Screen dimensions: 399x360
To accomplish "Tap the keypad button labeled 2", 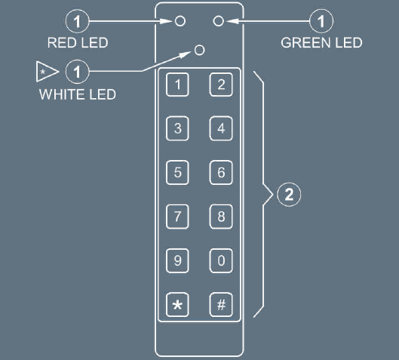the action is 221,85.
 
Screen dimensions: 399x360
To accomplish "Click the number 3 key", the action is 177,128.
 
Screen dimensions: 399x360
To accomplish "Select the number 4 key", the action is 221,128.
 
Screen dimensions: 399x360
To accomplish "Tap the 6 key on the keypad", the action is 221,172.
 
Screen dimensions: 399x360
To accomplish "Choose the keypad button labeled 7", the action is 177,217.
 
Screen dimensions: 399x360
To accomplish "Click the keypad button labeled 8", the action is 221,217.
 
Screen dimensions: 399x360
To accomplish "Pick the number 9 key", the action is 177,260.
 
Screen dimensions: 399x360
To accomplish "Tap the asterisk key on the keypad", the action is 177,304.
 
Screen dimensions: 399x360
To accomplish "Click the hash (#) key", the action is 221,304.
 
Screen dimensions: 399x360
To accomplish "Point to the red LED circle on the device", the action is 180,21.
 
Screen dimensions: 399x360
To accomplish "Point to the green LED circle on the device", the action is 218,21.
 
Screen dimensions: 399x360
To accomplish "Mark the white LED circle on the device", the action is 199,50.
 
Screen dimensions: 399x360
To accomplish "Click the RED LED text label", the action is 78,42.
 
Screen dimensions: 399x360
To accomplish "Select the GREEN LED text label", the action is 321,42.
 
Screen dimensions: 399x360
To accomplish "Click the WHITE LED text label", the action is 78,94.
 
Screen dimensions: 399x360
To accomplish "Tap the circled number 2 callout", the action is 289,195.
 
